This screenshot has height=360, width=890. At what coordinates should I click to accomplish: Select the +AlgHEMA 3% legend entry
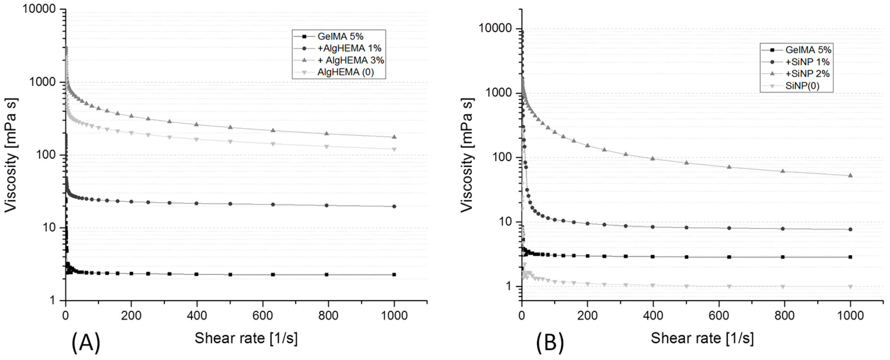pos(350,60)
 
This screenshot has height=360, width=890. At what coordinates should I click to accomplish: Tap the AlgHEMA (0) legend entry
pos(345,72)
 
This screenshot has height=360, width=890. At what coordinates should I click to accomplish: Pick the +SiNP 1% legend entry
pos(807,62)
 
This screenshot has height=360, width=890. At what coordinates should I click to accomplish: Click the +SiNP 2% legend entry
pos(807,74)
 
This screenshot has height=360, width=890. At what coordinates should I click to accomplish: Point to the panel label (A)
pos(86,342)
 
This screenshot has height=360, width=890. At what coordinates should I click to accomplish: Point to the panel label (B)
pos(550,342)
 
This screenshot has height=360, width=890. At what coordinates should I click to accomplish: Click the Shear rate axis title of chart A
pos(246,338)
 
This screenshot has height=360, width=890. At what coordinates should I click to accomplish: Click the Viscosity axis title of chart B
pos(467,155)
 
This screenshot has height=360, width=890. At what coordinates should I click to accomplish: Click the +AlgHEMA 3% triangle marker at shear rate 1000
pos(394,137)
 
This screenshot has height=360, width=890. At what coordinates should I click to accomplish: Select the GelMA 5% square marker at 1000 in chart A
pos(394,274)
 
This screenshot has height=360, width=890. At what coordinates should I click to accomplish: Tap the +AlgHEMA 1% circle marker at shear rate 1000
pos(394,206)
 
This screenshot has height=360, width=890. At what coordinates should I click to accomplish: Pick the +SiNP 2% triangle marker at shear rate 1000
pos(850,175)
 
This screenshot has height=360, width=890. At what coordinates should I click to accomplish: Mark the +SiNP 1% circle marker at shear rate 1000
pos(850,229)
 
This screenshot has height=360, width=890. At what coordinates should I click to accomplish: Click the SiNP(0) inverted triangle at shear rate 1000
pos(850,286)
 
